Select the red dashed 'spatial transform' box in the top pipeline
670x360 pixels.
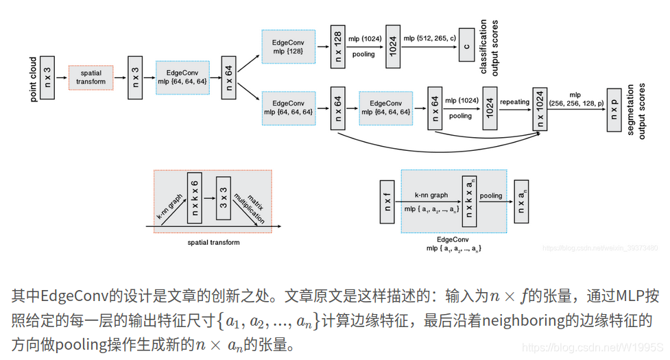[x=91, y=77]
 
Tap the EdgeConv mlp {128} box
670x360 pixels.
[x=288, y=47]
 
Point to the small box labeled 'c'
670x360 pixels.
[x=466, y=47]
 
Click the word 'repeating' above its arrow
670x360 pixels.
[x=514, y=102]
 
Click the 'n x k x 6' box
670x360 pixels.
[x=194, y=197]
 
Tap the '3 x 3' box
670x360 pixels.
[x=224, y=197]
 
